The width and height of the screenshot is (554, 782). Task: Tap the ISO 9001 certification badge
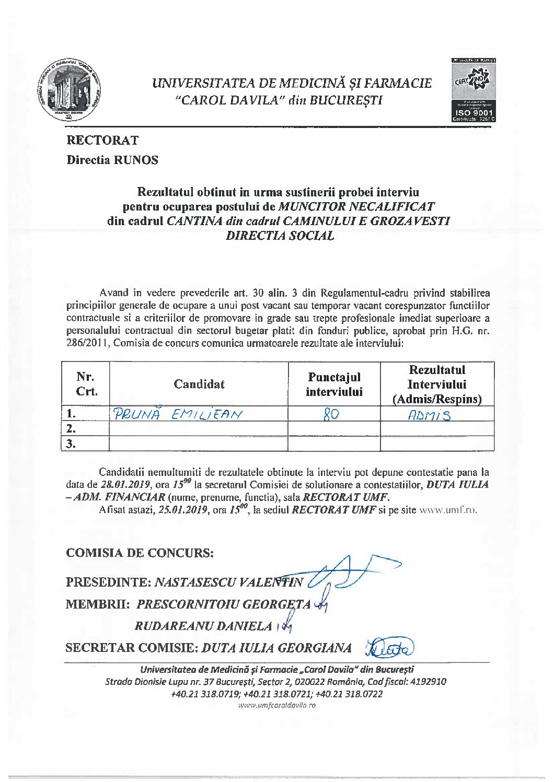(x=474, y=90)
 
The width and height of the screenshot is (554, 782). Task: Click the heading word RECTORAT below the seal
(x=102, y=140)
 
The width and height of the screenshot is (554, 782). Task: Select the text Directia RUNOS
(x=112, y=160)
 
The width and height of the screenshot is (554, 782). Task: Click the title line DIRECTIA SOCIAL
(x=279, y=236)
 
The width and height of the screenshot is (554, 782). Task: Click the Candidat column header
(x=199, y=384)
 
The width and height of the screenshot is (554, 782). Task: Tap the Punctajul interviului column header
(x=334, y=384)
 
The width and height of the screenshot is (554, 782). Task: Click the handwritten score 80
(x=331, y=415)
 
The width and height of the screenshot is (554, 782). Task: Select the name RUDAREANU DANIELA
(x=203, y=626)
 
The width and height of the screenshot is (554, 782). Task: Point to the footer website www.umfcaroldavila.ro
(x=277, y=705)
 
